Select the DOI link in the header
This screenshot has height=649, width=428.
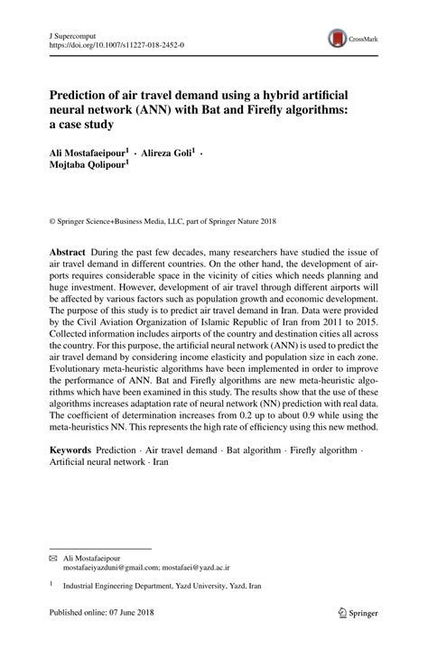coord(107,42)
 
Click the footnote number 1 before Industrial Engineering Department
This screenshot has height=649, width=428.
coord(51,585)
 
